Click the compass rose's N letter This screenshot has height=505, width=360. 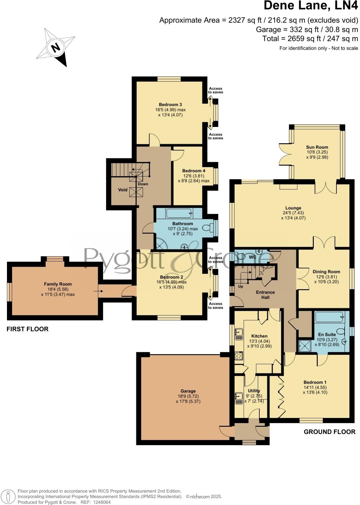55,48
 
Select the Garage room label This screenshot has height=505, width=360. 188,391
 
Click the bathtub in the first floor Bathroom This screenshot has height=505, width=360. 179,214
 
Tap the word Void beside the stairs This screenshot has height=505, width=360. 123,190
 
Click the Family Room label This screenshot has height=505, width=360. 58,284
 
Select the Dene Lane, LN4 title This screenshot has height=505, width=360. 311,6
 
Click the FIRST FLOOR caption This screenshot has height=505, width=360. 27,329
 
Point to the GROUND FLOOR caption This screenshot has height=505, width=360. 329,432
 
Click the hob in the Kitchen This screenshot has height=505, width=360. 239,356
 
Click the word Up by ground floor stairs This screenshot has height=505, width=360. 241,286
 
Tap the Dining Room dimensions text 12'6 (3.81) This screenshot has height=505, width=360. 326,277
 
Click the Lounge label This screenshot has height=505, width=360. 293,208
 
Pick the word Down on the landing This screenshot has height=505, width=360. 143,184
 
